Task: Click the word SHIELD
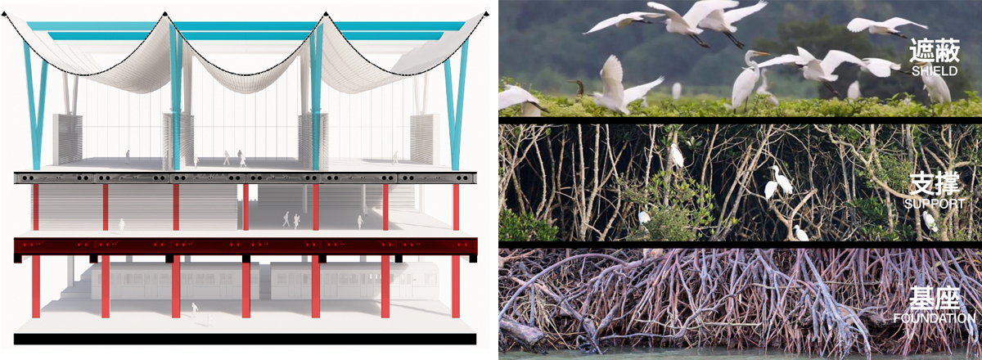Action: pos(935,70)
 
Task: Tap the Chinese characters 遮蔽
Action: pos(935,51)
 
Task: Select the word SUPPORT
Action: pos(935,204)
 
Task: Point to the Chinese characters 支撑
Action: pos(935,184)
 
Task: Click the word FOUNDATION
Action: pos(935,318)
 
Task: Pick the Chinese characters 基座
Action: pos(935,299)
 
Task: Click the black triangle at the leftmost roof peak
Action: pos(4,14)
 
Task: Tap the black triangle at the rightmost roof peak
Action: pos(486,14)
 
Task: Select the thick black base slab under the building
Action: pos(245,339)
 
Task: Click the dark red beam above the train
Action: pos(245,246)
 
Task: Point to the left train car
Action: pos(175,281)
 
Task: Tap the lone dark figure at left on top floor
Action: pos(128,156)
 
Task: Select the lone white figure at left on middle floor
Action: pos(122,224)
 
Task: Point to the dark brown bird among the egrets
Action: pos(578,88)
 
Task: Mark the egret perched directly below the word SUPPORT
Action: pos(930,221)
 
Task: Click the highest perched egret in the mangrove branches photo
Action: pos(676,155)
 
